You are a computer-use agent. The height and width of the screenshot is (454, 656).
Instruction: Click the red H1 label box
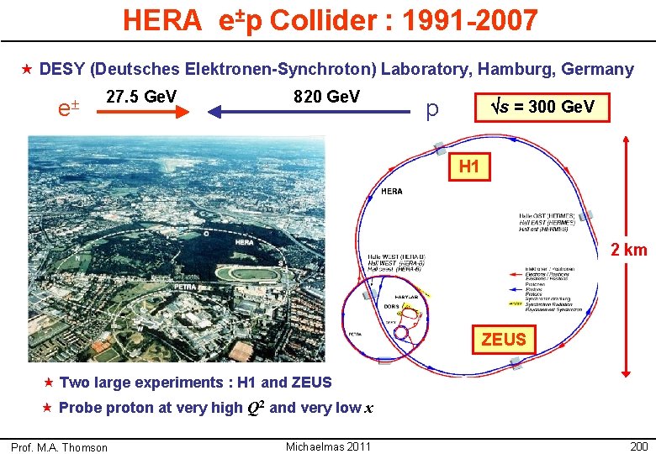click(469, 167)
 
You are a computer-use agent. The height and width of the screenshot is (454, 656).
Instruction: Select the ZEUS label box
click(504, 340)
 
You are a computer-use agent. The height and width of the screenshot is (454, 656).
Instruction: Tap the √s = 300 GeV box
click(542, 107)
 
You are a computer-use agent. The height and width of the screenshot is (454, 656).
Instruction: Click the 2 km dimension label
click(628, 249)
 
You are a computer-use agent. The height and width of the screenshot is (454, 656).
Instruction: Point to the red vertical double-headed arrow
click(625, 252)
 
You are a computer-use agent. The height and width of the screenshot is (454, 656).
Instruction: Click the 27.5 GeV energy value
click(141, 97)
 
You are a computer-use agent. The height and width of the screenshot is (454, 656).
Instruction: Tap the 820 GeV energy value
click(326, 97)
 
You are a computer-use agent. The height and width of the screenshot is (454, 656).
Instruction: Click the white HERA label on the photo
click(244, 242)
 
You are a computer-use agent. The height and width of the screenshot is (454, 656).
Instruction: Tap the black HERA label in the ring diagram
click(392, 191)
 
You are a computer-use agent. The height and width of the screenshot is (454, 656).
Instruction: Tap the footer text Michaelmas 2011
click(328, 446)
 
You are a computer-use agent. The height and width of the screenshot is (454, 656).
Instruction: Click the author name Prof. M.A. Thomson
click(60, 447)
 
